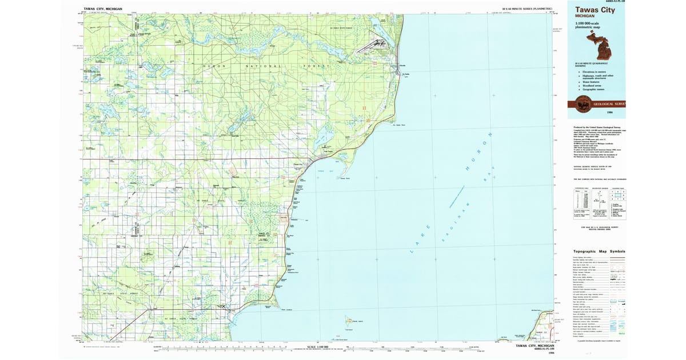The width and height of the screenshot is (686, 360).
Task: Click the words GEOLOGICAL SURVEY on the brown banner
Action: (610, 104)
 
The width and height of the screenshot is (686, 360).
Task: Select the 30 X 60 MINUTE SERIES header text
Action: (527, 9)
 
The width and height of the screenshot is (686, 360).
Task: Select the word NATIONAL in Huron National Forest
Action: (264, 66)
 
